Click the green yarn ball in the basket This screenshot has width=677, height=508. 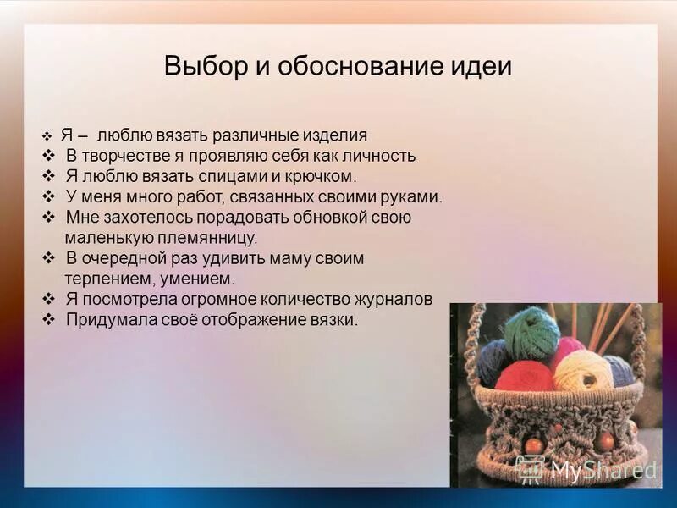tap(531, 332)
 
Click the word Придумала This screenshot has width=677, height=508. tap(104, 319)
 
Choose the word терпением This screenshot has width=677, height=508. tap(105, 279)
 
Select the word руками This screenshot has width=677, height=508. tap(414, 196)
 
